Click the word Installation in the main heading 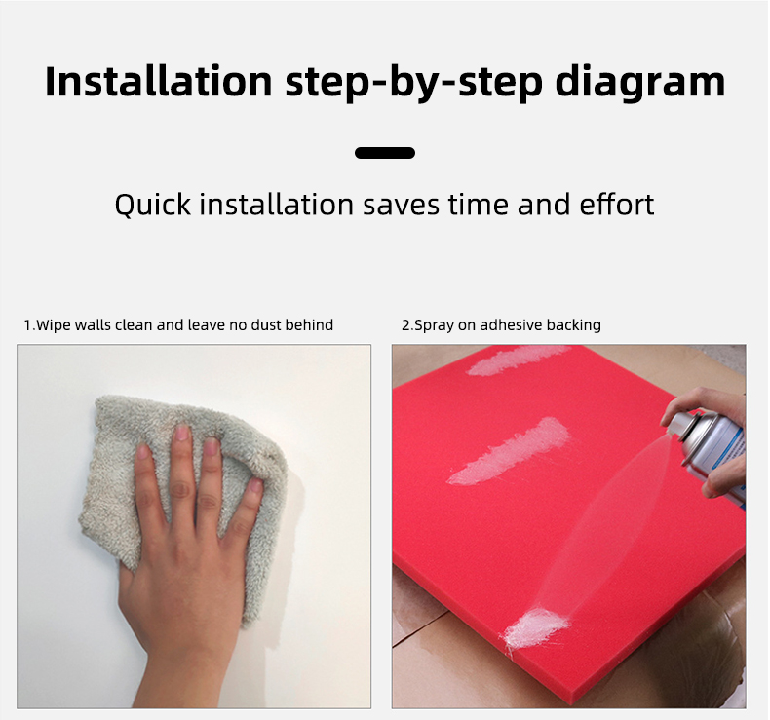(x=159, y=81)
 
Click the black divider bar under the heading (x=385, y=153)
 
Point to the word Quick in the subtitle (x=152, y=205)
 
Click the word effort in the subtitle (x=617, y=205)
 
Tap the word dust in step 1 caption (x=266, y=324)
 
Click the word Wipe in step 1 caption (x=54, y=324)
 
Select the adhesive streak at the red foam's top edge (x=516, y=360)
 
